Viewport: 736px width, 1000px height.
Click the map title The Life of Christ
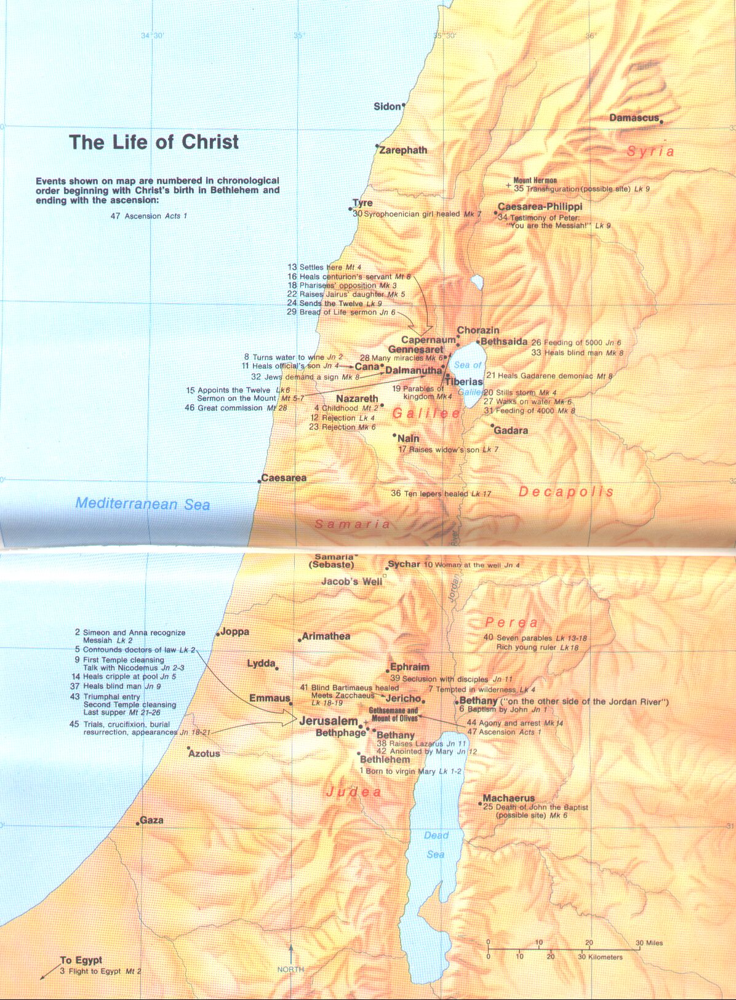pos(154,142)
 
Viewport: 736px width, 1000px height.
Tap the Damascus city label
pos(634,118)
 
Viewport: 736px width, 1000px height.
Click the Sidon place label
pos(387,107)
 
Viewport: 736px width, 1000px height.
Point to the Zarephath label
pos(403,150)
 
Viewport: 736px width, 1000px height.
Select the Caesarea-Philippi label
pos(540,207)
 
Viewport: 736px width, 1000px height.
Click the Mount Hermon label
pos(535,181)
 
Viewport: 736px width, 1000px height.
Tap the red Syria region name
pos(650,151)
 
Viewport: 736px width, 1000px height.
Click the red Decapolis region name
pos(566,492)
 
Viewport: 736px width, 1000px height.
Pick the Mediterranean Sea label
pos(143,504)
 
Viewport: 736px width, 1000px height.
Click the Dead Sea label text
pos(436,844)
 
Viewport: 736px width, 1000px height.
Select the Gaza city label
pos(151,820)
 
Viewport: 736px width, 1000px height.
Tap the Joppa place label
pos(234,632)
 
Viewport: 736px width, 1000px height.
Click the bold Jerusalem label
pos(328,721)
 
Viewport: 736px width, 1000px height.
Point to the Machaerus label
pos(508,798)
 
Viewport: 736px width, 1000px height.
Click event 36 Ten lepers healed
pos(441,494)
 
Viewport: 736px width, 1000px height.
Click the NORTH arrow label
pos(290,969)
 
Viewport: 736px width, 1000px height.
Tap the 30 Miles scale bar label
pos(649,943)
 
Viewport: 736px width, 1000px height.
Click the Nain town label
pos(409,438)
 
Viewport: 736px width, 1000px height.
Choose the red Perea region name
pos(511,622)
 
